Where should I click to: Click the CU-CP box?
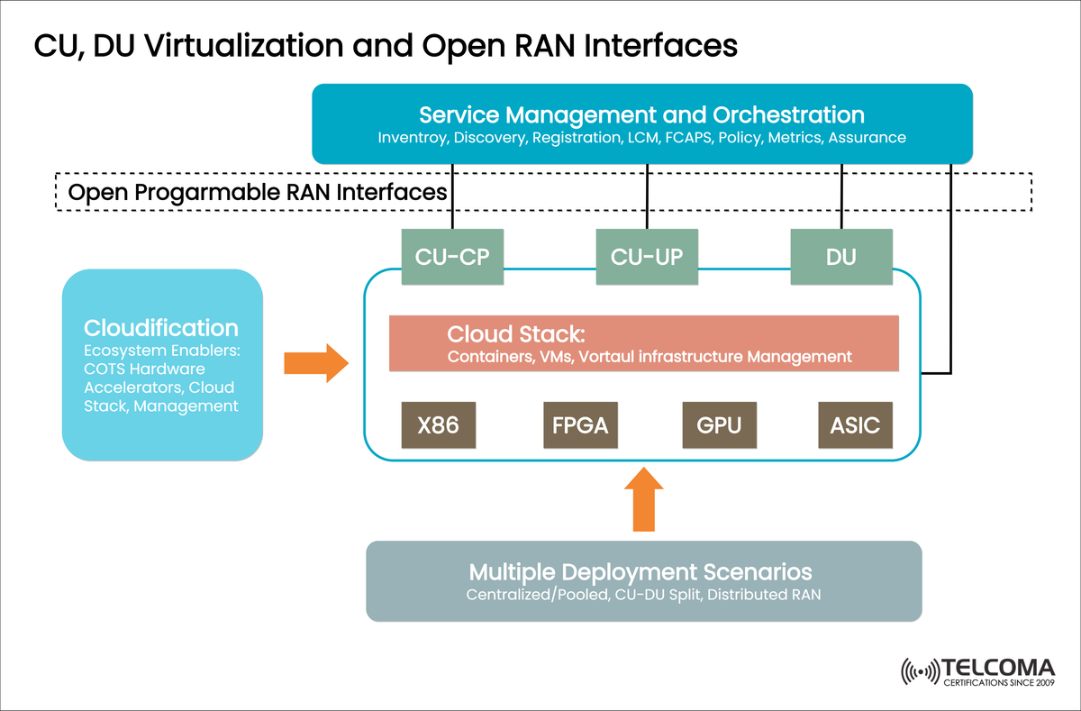[x=451, y=257]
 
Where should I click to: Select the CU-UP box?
[x=647, y=257]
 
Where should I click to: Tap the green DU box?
[x=841, y=257]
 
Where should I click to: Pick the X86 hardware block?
[x=438, y=424]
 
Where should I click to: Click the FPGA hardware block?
[x=580, y=424]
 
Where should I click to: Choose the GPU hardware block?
[x=719, y=424]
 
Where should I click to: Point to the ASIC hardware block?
[x=855, y=424]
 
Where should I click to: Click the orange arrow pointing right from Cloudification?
[x=316, y=363]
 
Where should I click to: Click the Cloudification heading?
[x=161, y=328]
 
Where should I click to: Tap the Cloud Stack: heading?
[x=516, y=335]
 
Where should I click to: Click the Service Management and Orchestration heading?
[x=641, y=115]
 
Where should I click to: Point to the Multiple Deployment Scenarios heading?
[x=640, y=572]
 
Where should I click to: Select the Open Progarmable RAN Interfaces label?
[x=258, y=192]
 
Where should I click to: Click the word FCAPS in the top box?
[x=686, y=139]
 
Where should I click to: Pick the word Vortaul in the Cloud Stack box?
[x=611, y=357]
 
